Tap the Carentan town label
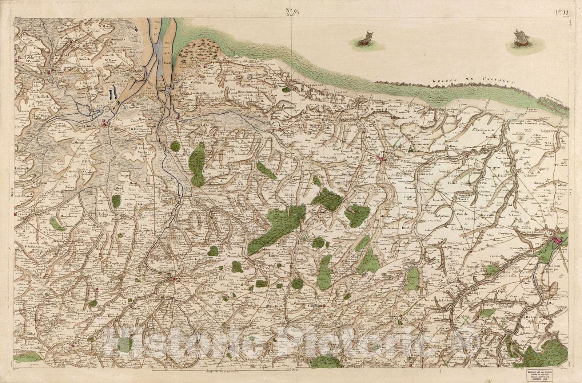pos(93,128)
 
